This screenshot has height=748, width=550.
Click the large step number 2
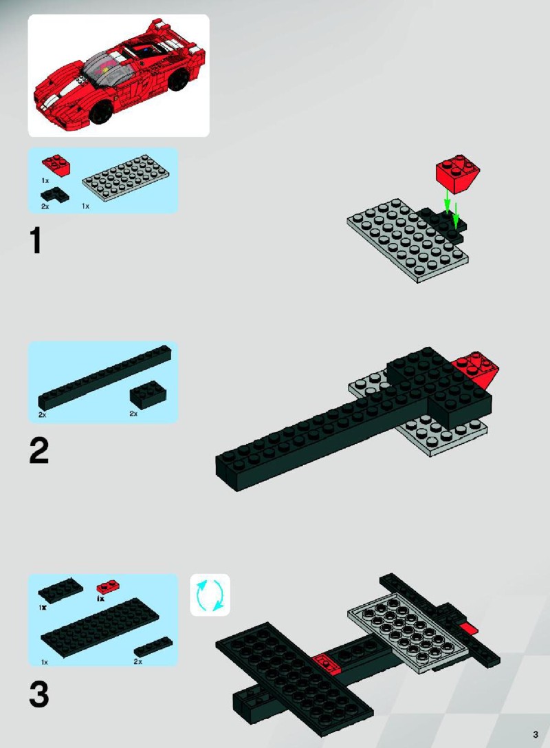tap(38, 451)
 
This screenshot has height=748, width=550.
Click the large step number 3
tap(38, 694)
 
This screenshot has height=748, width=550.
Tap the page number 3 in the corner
tap(536, 734)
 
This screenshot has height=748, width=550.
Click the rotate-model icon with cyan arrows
tap(210, 595)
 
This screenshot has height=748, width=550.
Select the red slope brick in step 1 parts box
tap(56, 164)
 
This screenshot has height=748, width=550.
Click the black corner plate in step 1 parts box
tap(54, 195)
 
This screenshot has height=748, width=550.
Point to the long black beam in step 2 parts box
tap(105, 377)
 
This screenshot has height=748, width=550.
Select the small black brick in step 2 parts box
tap(148, 394)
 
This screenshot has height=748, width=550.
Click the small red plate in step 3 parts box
tap(108, 587)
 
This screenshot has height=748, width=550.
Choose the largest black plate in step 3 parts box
tap(100, 628)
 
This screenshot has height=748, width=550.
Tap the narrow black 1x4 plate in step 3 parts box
tap(153, 646)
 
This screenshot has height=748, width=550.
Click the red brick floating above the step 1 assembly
tap(458, 173)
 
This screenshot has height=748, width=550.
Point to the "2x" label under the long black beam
tap(43, 414)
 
